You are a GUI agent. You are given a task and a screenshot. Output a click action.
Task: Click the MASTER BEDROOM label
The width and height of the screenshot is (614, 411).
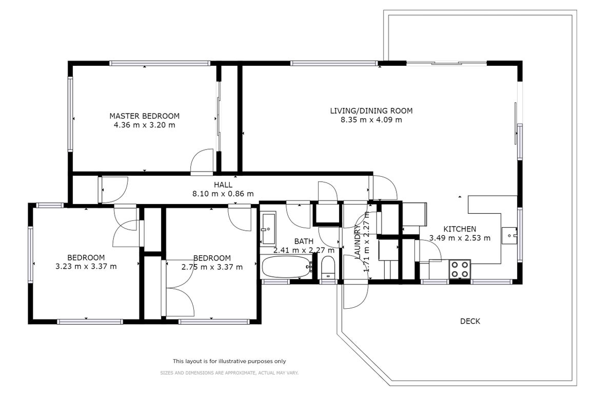(x=145, y=116)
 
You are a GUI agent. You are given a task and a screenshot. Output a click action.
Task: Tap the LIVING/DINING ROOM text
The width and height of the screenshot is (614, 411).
(x=371, y=111)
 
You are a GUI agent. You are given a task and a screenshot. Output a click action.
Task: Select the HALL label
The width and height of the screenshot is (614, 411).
(x=223, y=185)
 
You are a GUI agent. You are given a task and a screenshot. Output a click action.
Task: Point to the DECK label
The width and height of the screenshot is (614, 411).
(x=470, y=321)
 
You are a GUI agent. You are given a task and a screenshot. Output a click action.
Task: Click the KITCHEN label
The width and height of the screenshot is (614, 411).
(x=460, y=229)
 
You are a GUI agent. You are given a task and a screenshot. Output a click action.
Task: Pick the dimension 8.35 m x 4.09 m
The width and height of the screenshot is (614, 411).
(x=371, y=120)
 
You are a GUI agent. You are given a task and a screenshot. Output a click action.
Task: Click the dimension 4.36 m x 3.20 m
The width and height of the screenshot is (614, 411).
(x=145, y=125)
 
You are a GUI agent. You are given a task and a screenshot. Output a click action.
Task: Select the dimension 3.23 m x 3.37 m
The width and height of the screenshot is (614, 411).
(x=86, y=267)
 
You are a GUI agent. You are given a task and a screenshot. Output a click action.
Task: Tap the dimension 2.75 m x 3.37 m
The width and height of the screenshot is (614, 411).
(x=212, y=267)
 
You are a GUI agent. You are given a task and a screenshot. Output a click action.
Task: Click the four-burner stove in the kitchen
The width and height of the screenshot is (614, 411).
(x=460, y=269)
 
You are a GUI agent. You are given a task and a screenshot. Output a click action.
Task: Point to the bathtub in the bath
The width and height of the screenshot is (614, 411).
(x=287, y=267)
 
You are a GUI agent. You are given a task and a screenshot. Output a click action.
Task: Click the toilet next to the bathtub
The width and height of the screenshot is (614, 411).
(x=328, y=268)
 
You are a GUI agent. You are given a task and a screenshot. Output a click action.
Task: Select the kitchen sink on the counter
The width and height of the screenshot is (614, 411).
(x=509, y=235)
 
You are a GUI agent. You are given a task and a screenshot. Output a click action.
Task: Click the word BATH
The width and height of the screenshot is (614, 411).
(x=304, y=241)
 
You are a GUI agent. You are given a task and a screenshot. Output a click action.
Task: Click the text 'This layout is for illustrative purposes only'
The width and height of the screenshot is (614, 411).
(x=229, y=361)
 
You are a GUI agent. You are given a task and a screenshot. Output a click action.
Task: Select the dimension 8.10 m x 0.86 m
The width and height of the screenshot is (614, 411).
(x=223, y=194)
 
